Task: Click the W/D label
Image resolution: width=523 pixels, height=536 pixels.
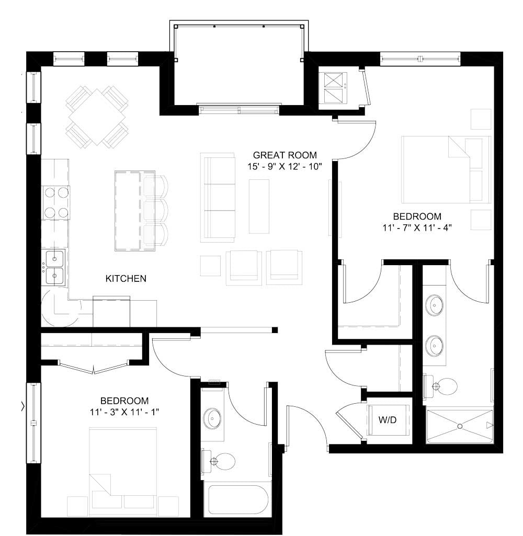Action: (388, 419)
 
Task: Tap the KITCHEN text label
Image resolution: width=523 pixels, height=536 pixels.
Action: (126, 279)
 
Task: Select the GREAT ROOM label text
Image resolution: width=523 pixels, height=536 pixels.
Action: (285, 155)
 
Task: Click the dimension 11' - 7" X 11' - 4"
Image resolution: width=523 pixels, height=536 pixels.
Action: (417, 227)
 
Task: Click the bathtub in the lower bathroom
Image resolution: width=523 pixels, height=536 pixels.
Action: (236, 500)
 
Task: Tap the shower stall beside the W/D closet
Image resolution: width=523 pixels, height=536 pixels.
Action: (460, 426)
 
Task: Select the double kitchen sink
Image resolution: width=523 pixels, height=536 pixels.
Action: (54, 267)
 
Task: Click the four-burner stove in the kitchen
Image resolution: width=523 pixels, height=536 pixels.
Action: (56, 202)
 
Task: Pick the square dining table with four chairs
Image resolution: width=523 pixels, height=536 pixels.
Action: (97, 117)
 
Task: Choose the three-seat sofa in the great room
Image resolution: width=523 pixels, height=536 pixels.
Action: (219, 197)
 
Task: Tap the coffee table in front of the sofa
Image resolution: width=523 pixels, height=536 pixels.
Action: (259, 206)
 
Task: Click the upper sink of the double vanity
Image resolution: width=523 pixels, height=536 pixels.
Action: (435, 303)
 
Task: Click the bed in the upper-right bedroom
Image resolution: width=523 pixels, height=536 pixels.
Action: (446, 169)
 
